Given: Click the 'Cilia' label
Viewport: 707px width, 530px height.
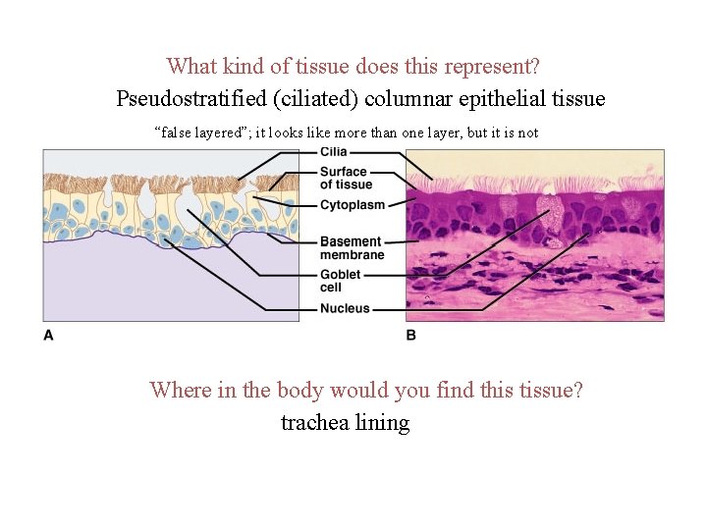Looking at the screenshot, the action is click(333, 152).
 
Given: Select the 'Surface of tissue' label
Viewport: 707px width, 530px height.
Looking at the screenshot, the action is click(346, 179).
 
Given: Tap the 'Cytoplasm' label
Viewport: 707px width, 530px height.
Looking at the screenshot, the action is click(353, 205).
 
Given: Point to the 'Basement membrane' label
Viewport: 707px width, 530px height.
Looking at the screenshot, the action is click(352, 248).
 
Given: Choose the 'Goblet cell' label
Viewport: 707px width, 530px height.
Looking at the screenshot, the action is click(340, 281).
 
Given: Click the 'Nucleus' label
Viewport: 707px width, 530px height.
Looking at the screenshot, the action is click(345, 308).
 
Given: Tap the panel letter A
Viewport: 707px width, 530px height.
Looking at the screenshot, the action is click(48, 335).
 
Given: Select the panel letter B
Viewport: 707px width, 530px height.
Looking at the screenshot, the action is click(410, 335).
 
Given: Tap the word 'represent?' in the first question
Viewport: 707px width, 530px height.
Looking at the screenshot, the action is click(491, 67).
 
